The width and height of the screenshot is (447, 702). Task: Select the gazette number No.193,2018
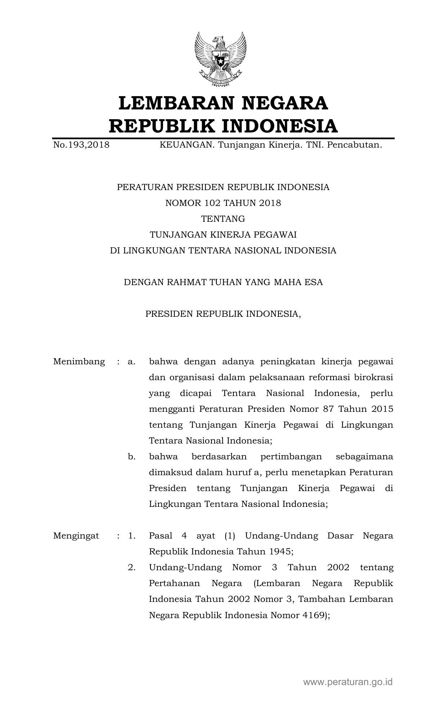81,145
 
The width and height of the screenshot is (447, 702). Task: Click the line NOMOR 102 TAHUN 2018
223,203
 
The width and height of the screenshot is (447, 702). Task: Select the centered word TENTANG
223,219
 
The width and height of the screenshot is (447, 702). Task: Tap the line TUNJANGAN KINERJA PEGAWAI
223,235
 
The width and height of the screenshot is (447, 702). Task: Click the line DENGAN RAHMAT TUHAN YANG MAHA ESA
223,282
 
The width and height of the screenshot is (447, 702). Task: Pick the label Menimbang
79,361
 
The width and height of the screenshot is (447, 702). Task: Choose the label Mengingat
76,536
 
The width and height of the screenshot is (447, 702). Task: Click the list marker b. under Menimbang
131,456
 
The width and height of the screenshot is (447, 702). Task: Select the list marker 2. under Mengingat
131,567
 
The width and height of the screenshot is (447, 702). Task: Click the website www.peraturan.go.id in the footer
348,681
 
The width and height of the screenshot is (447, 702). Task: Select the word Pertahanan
171,583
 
